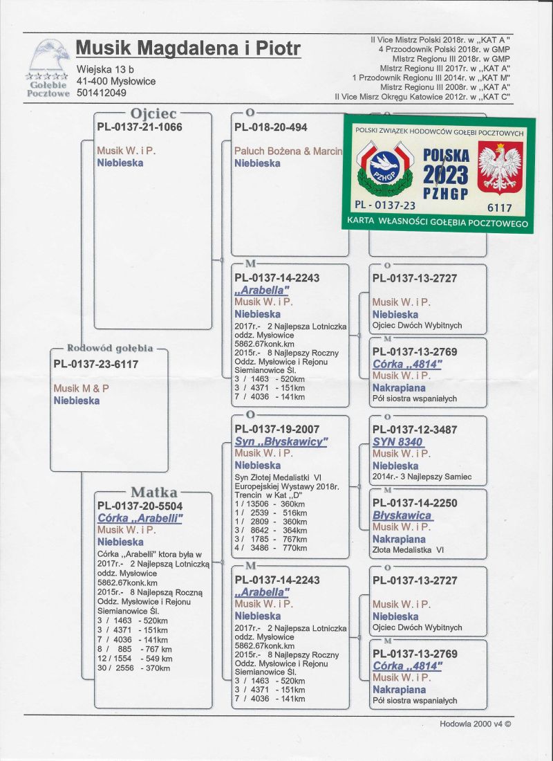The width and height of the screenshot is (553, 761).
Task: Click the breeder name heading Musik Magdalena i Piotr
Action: click(x=188, y=48)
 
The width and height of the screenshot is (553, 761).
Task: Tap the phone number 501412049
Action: click(x=102, y=93)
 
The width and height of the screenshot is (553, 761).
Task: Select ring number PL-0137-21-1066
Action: click(x=140, y=127)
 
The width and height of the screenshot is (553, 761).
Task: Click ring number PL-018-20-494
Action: click(x=271, y=127)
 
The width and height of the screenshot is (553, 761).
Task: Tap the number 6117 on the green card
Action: click(x=499, y=208)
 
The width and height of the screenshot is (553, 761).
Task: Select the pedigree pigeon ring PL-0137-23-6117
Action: click(x=96, y=364)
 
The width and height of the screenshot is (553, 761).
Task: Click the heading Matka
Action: click(x=154, y=493)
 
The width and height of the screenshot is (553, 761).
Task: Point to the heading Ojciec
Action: click(x=153, y=113)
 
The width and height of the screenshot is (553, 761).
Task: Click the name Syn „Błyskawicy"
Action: click(x=281, y=441)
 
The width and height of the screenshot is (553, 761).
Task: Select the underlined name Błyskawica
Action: click(x=402, y=515)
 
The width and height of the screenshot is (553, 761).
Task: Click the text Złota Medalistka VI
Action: click(x=408, y=551)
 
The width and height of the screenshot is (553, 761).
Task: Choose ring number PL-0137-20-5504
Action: click(x=140, y=506)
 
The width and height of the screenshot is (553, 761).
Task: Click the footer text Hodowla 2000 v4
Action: click(x=476, y=724)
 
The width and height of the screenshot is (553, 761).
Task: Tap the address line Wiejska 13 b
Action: click(x=106, y=70)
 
